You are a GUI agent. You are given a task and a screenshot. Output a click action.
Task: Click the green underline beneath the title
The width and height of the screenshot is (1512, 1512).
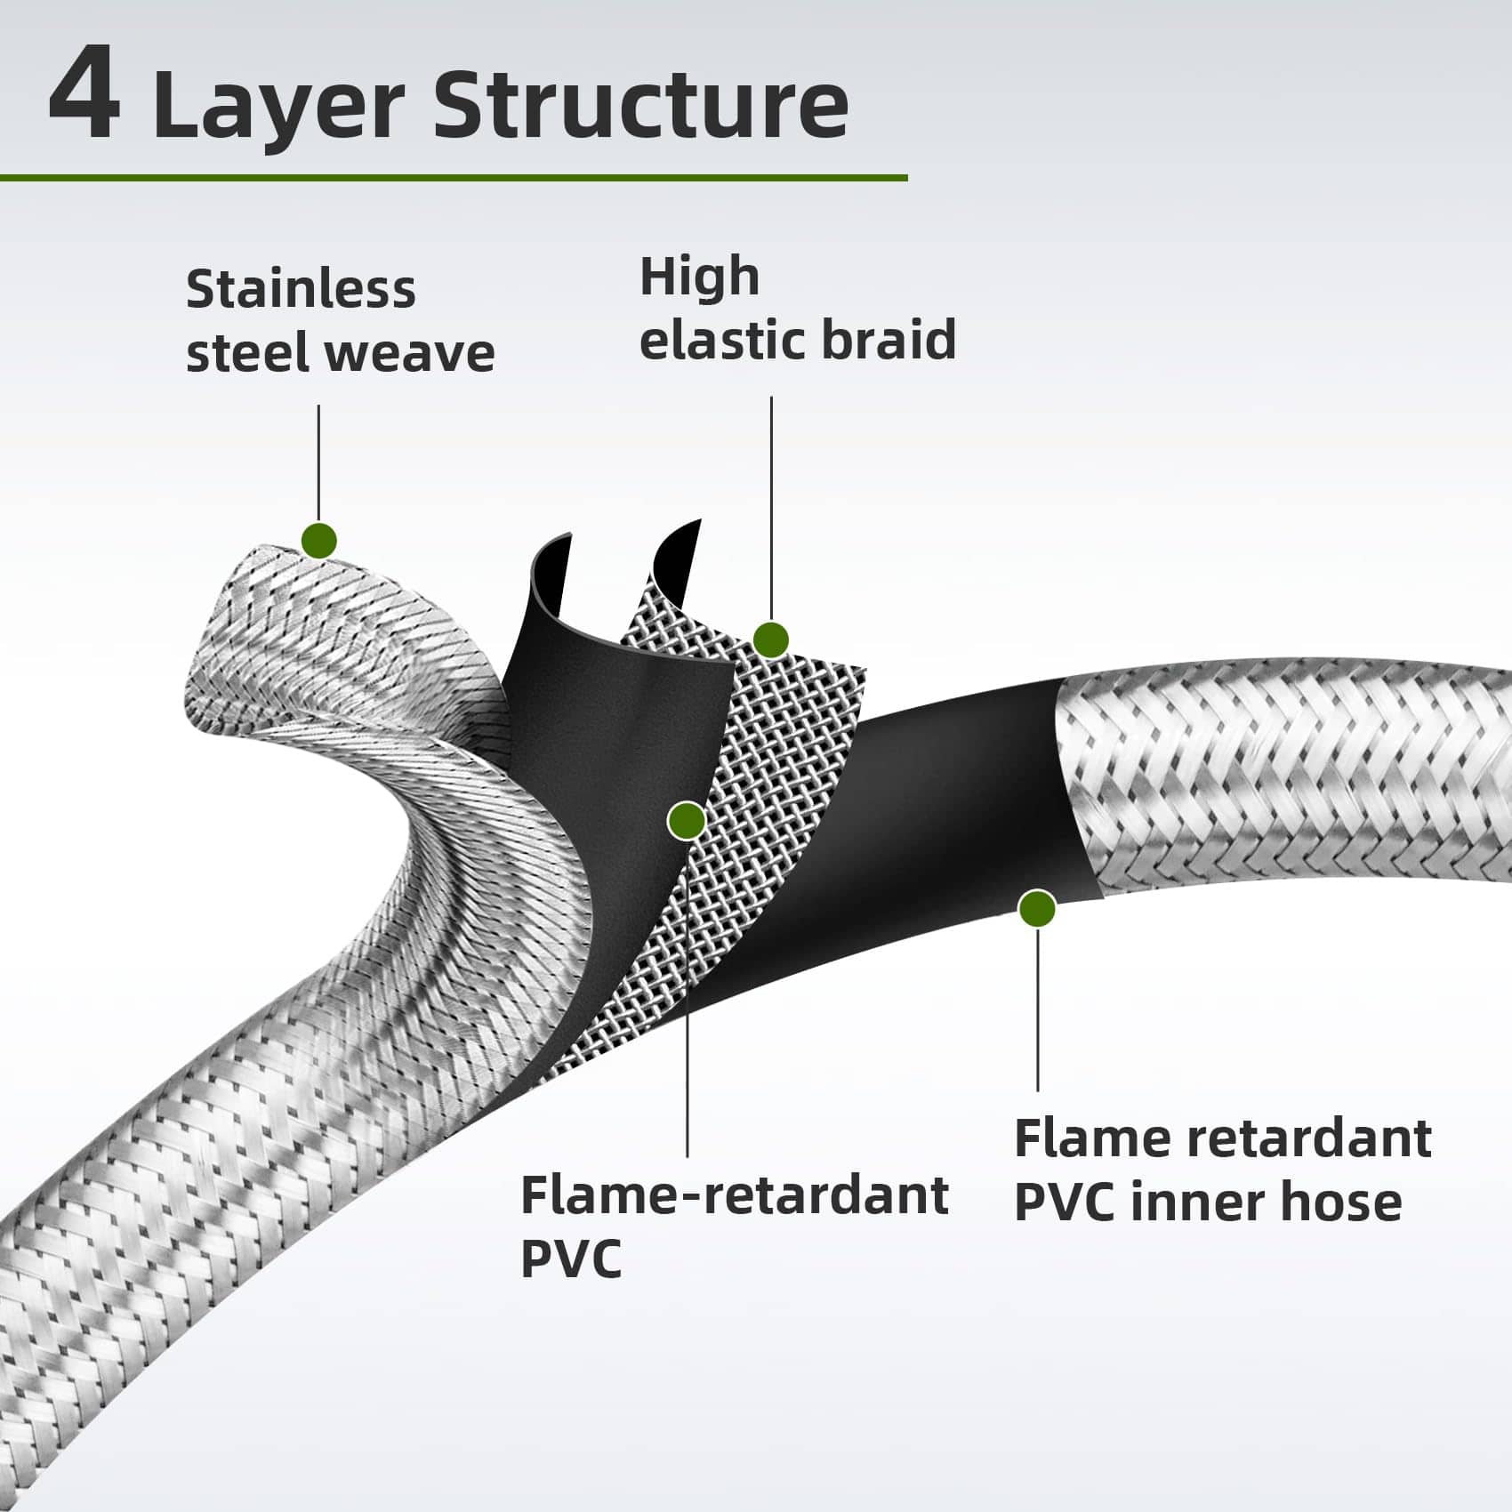[454, 178]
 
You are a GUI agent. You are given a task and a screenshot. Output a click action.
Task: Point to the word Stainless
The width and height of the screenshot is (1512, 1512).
[301, 289]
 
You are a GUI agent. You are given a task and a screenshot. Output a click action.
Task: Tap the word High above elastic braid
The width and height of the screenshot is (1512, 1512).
[699, 277]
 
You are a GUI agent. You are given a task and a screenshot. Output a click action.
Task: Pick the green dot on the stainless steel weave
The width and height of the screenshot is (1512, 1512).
[319, 540]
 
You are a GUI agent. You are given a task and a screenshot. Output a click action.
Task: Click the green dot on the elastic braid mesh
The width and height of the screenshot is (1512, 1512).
[770, 639]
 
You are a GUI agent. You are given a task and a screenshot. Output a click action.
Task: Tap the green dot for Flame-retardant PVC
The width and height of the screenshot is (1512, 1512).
[687, 820]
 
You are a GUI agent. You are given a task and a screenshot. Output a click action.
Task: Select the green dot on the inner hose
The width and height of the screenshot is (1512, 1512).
[1037, 908]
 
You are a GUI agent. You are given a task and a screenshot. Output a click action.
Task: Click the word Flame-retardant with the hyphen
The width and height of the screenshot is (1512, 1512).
[734, 1194]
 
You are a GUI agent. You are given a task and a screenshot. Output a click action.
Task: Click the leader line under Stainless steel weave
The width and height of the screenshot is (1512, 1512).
[318, 462]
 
